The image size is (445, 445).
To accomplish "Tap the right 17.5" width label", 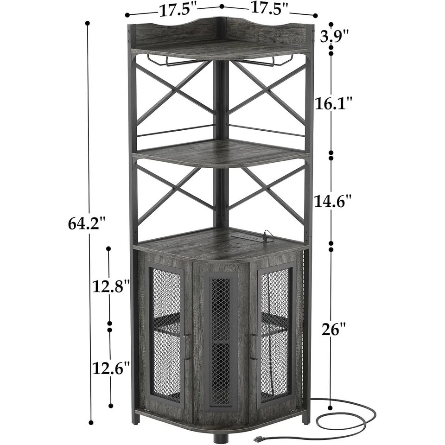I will (x=269, y=7).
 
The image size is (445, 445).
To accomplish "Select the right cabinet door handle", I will (x=254, y=347).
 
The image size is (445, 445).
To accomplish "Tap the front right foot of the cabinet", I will (x=305, y=418).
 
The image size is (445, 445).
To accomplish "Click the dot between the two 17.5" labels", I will (x=222, y=6).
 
